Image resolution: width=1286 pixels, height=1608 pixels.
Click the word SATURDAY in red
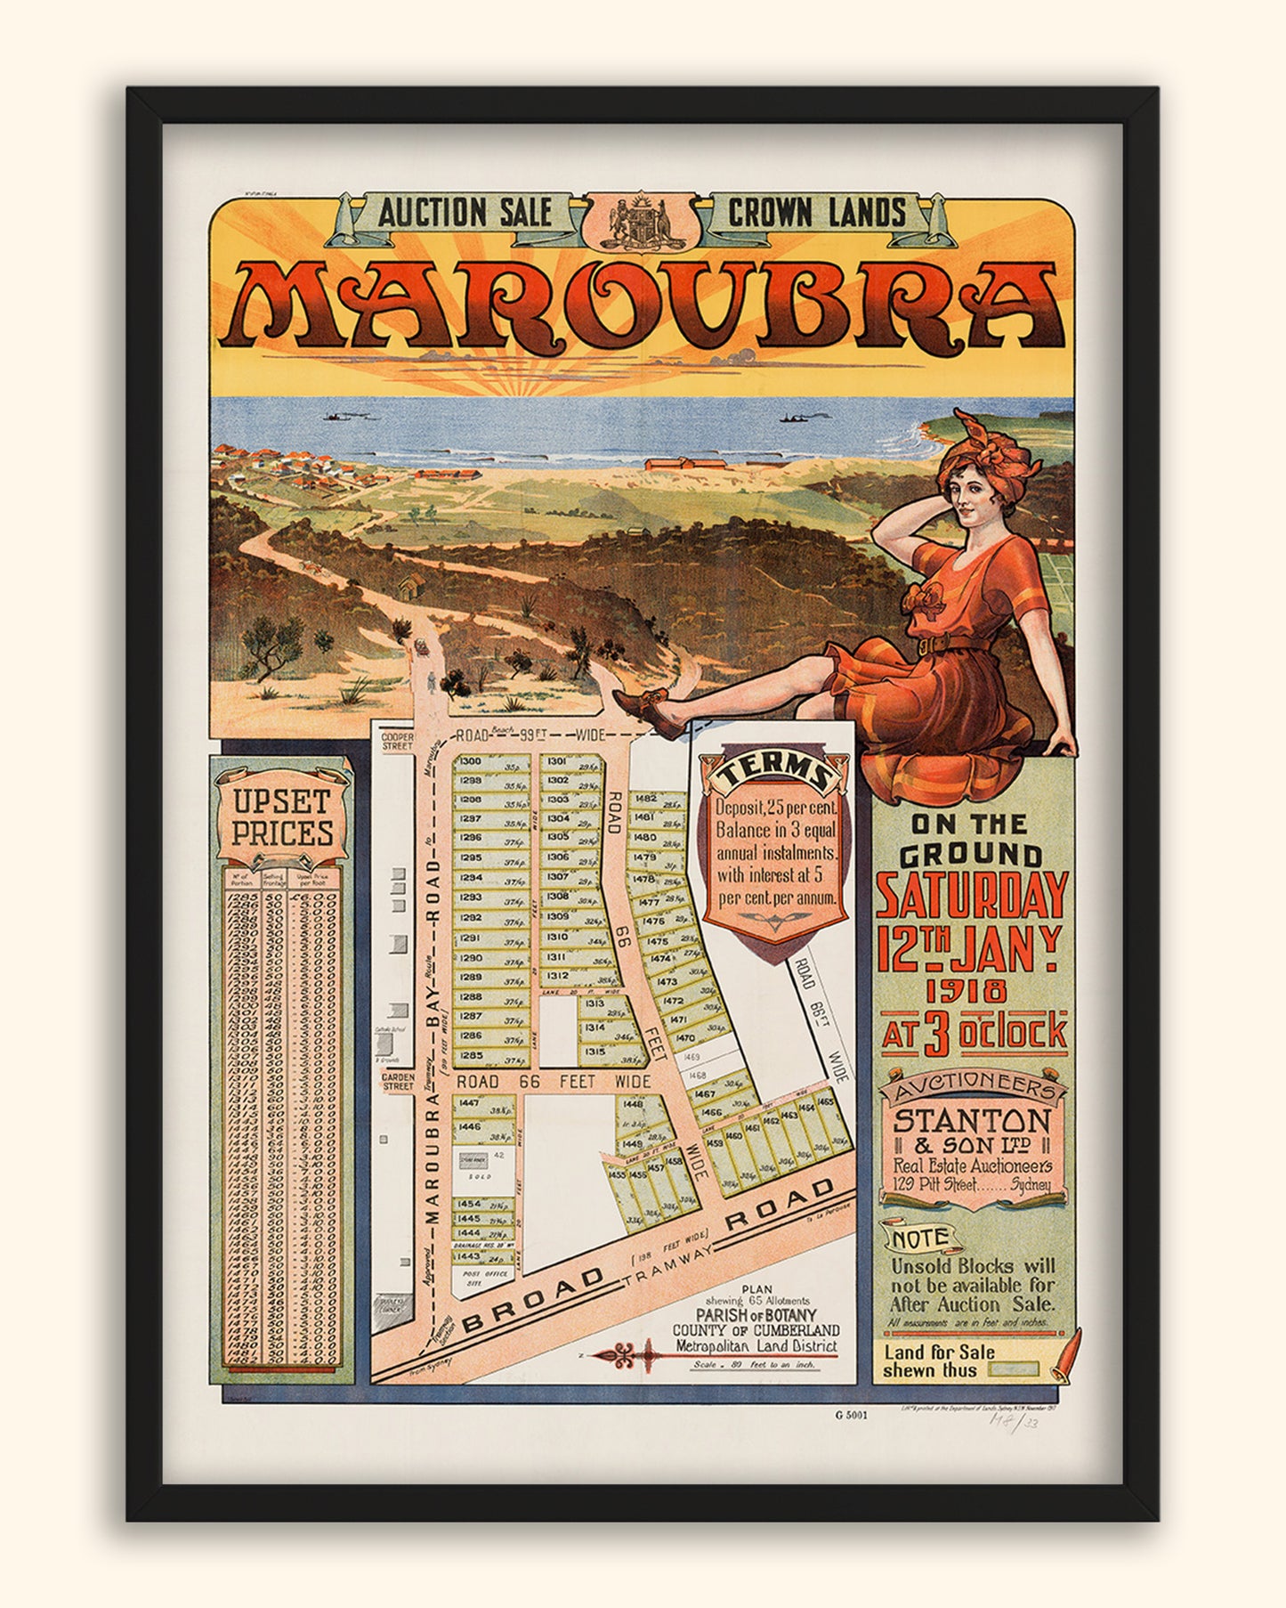[x=971, y=896]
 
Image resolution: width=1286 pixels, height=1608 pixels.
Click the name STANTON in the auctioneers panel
[x=972, y=1119]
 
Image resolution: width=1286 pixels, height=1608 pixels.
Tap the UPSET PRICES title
[x=283, y=817]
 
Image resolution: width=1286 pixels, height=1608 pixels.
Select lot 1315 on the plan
[x=594, y=1052]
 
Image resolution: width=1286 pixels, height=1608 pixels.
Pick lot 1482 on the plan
[x=646, y=799]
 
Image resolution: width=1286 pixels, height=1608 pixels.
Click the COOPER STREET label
[x=397, y=741]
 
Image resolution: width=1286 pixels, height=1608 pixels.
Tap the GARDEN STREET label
[x=398, y=1081]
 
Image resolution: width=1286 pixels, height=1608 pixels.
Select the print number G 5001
[x=852, y=1415]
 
